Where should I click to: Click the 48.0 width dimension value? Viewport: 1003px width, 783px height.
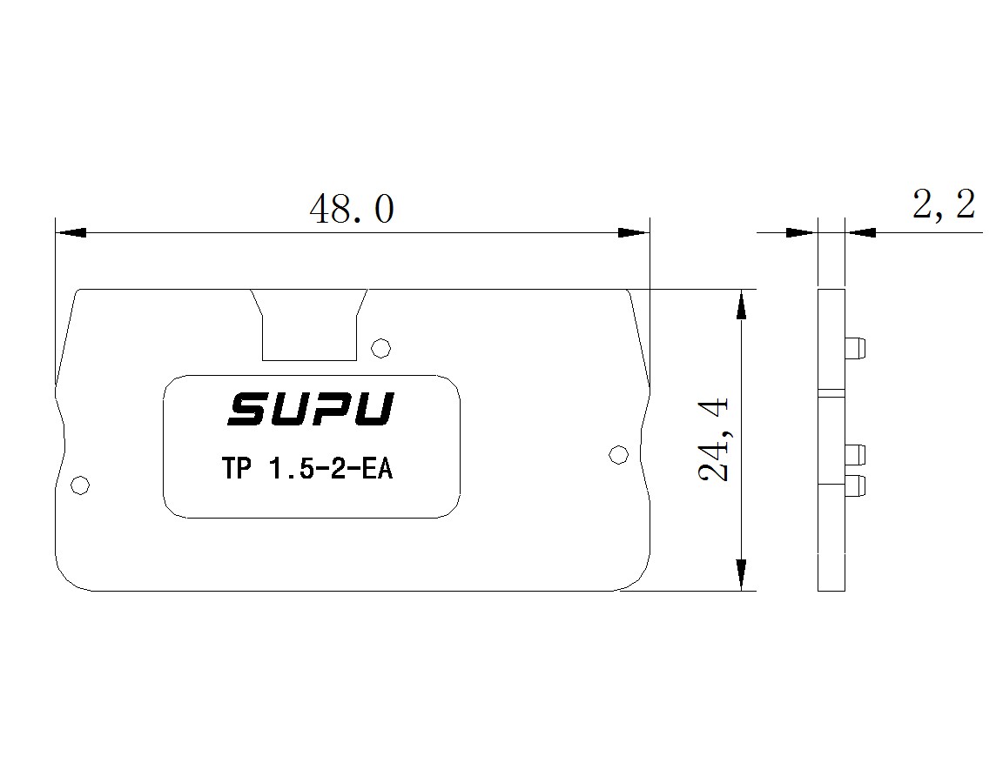pyautogui.click(x=352, y=209)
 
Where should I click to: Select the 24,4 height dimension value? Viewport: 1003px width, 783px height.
pyautogui.click(x=714, y=439)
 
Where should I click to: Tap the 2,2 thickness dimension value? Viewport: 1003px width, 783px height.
pyautogui.click(x=944, y=205)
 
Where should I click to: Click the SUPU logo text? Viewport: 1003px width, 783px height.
pyautogui.click(x=311, y=409)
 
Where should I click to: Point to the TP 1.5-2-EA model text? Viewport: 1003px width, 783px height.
pyautogui.click(x=307, y=469)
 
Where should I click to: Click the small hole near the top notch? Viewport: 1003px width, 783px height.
pyautogui.click(x=381, y=348)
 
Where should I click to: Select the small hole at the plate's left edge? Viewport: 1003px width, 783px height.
pyautogui.click(x=80, y=485)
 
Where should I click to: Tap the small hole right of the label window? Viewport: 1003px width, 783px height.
pyautogui.click(x=618, y=454)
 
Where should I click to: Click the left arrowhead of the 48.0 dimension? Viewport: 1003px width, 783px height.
pyautogui.click(x=71, y=232)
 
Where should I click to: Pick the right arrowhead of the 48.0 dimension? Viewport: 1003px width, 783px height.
pyautogui.click(x=634, y=232)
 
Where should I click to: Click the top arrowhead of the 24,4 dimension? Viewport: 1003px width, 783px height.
pyautogui.click(x=741, y=304)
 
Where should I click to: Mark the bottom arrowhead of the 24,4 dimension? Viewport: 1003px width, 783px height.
pyautogui.click(x=741, y=574)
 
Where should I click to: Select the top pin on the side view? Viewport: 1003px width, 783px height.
pyautogui.click(x=855, y=347)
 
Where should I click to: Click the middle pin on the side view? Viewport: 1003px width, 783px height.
pyautogui.click(x=855, y=454)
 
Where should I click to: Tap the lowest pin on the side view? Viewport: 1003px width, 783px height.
pyautogui.click(x=855, y=485)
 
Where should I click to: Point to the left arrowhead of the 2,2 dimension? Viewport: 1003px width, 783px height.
pyautogui.click(x=802, y=232)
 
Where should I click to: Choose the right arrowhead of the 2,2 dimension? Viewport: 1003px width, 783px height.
pyautogui.click(x=860, y=232)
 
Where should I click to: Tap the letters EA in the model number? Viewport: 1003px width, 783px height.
pyautogui.click(x=377, y=469)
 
